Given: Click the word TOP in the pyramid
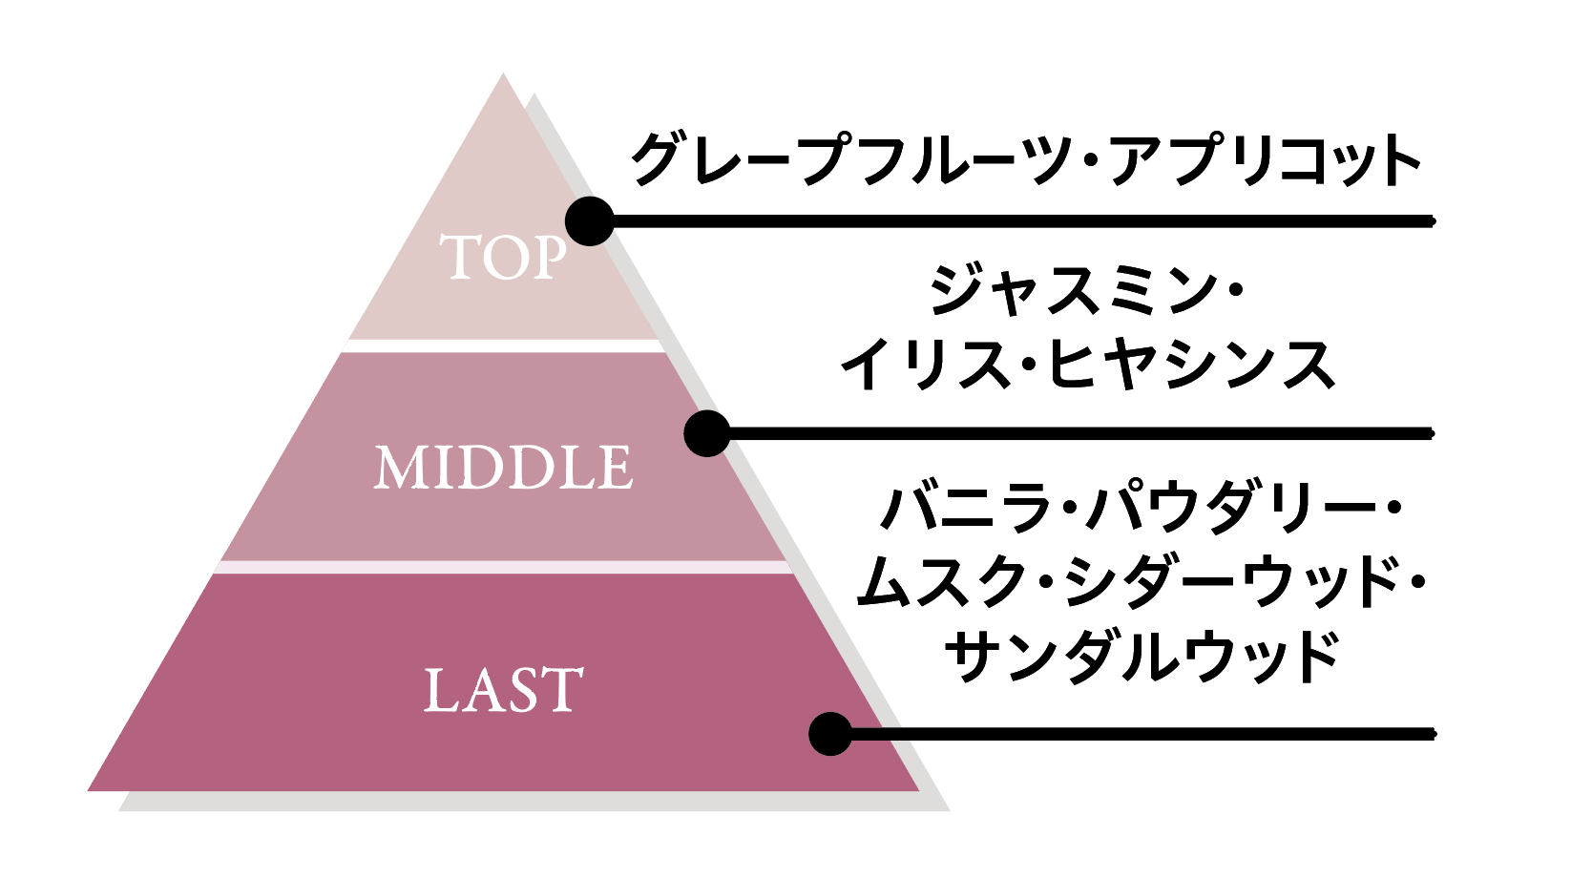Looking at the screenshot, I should [x=503, y=258].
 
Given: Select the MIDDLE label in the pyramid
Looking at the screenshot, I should [x=503, y=468].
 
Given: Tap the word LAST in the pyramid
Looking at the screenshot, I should [x=503, y=690].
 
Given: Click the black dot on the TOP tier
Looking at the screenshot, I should [x=589, y=221].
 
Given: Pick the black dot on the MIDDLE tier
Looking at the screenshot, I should [x=707, y=433].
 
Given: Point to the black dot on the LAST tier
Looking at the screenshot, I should [x=830, y=734].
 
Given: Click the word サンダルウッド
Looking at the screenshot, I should [x=1142, y=656].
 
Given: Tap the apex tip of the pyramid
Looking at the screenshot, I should [x=503, y=76].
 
